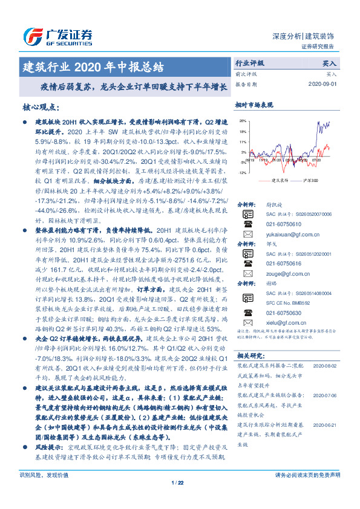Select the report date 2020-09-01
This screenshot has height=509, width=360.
tap(324, 84)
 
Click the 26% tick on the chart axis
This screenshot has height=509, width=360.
tap(243, 121)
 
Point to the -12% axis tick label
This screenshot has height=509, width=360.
tap(242, 173)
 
